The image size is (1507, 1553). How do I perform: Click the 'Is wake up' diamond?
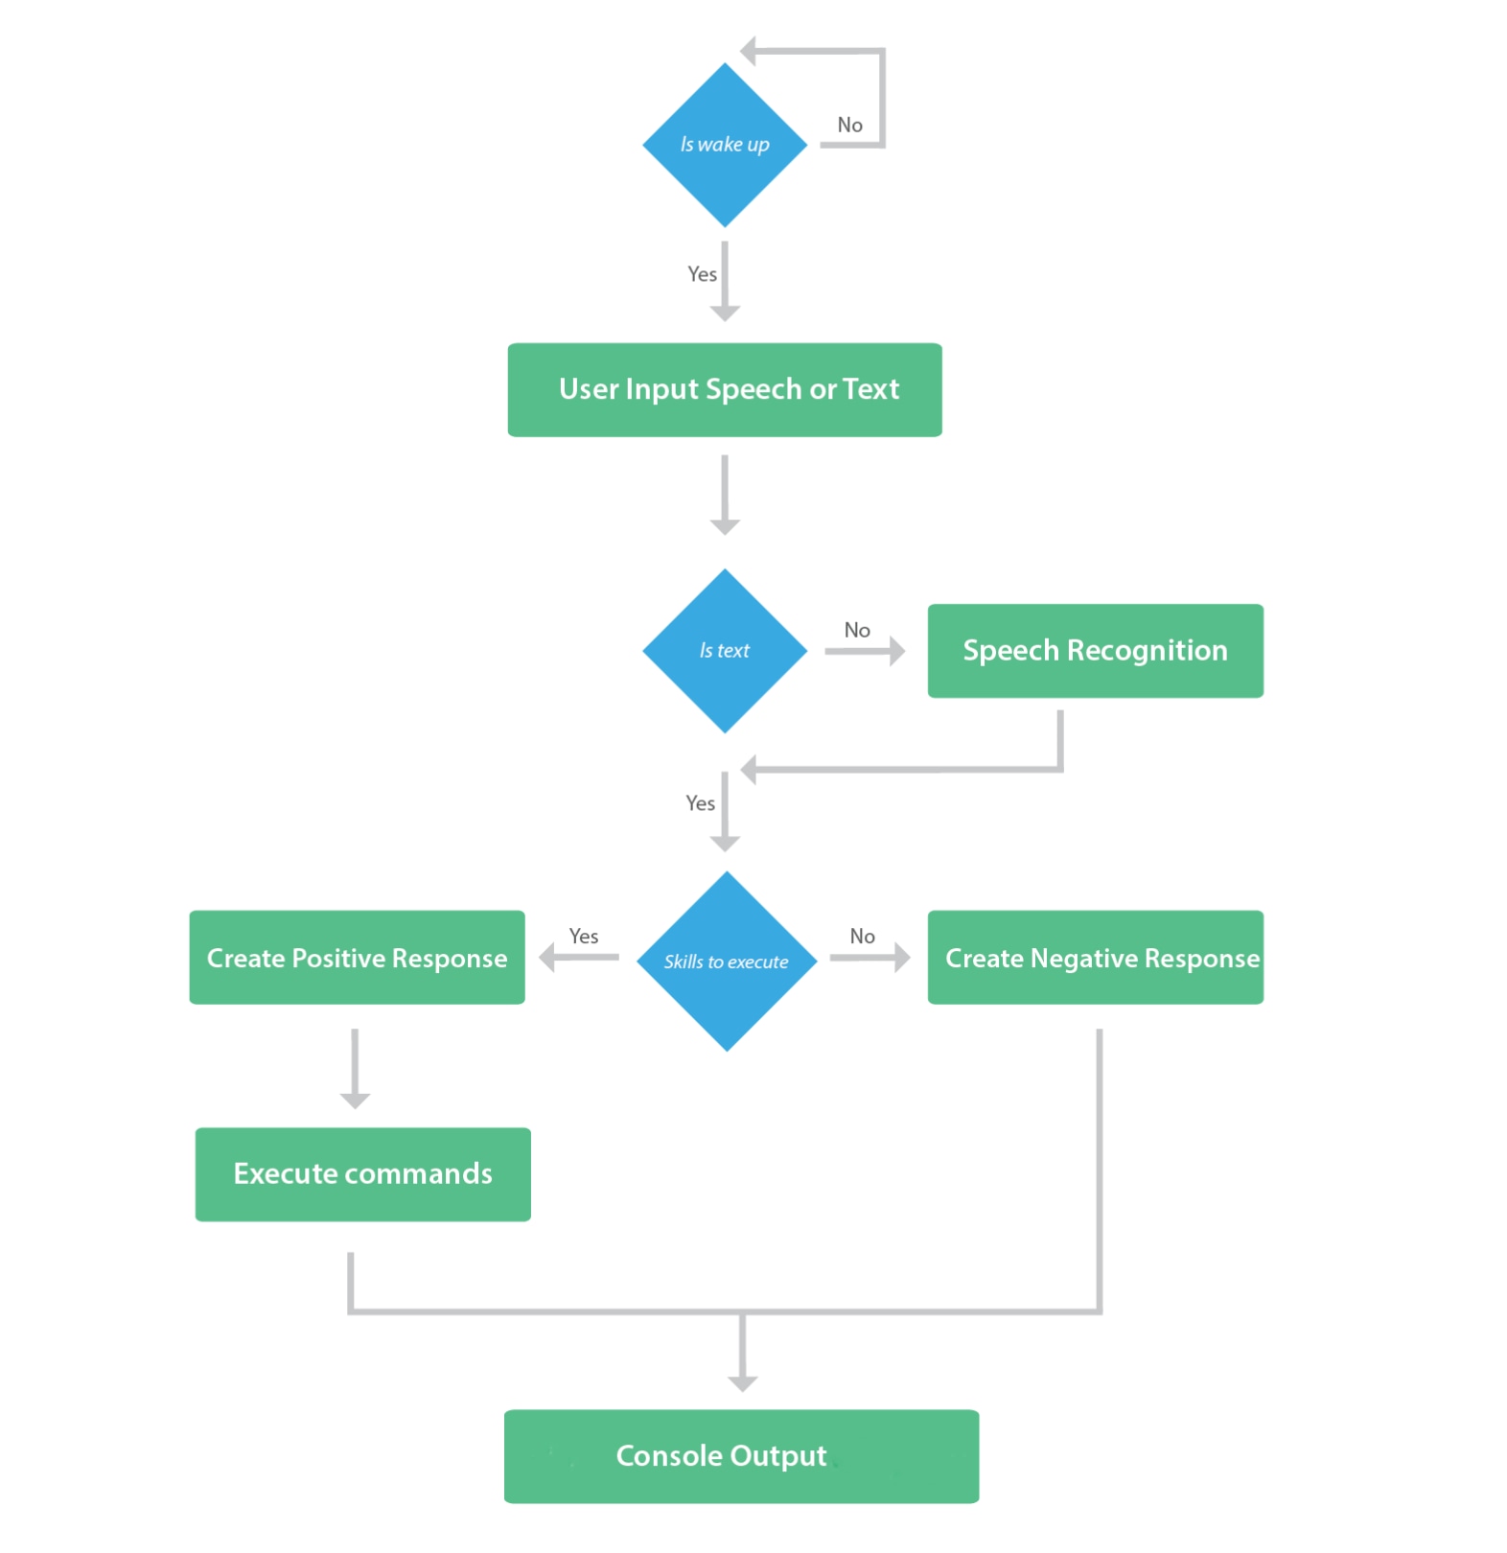point(724,145)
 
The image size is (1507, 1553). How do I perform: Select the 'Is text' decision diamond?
point(724,651)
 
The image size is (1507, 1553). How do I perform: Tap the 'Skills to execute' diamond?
point(726,962)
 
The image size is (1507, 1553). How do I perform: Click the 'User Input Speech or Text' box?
point(724,390)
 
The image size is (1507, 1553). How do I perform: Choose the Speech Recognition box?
point(1094,651)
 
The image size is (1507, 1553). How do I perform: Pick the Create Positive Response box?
point(357,958)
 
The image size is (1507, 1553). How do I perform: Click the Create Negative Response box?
point(1094,958)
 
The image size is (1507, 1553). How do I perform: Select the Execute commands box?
point(362,1173)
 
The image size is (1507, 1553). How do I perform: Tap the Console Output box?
point(740,1455)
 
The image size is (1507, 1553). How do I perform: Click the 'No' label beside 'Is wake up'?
point(849,126)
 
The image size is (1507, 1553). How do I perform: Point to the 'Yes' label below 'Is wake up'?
point(702,275)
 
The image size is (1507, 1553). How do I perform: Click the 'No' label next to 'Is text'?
point(856,631)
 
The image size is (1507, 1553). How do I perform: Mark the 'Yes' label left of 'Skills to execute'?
point(583,937)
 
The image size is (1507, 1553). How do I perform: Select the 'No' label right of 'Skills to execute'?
point(862,937)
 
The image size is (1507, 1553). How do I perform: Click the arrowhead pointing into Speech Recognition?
point(896,652)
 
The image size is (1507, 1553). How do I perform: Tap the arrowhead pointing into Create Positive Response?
point(548,957)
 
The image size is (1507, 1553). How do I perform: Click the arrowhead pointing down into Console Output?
point(742,1383)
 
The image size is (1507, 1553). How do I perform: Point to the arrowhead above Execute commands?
point(355,1101)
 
